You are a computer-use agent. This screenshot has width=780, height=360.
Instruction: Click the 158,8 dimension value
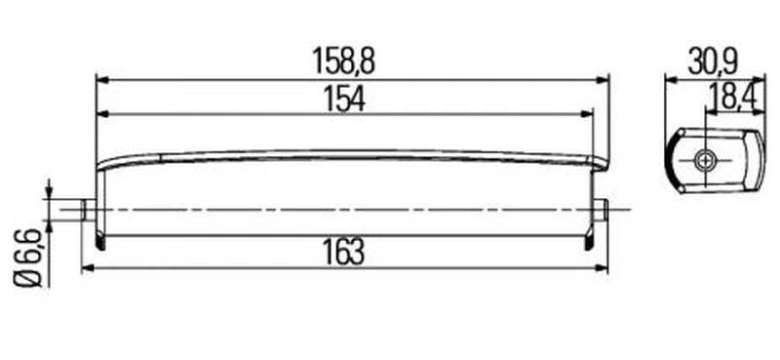point(343,60)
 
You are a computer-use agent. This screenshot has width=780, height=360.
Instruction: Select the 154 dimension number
point(344,99)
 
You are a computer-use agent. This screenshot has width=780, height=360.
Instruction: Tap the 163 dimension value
point(344,252)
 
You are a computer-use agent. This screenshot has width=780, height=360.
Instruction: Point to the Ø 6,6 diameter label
point(27,258)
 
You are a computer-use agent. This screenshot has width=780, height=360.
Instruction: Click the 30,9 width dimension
point(714,61)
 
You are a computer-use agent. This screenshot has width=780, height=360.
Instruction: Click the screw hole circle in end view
point(705,160)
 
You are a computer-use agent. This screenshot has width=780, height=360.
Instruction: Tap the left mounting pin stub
point(89,209)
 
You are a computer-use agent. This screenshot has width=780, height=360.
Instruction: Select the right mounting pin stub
point(601,209)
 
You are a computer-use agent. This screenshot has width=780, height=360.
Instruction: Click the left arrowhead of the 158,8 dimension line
point(102,79)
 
